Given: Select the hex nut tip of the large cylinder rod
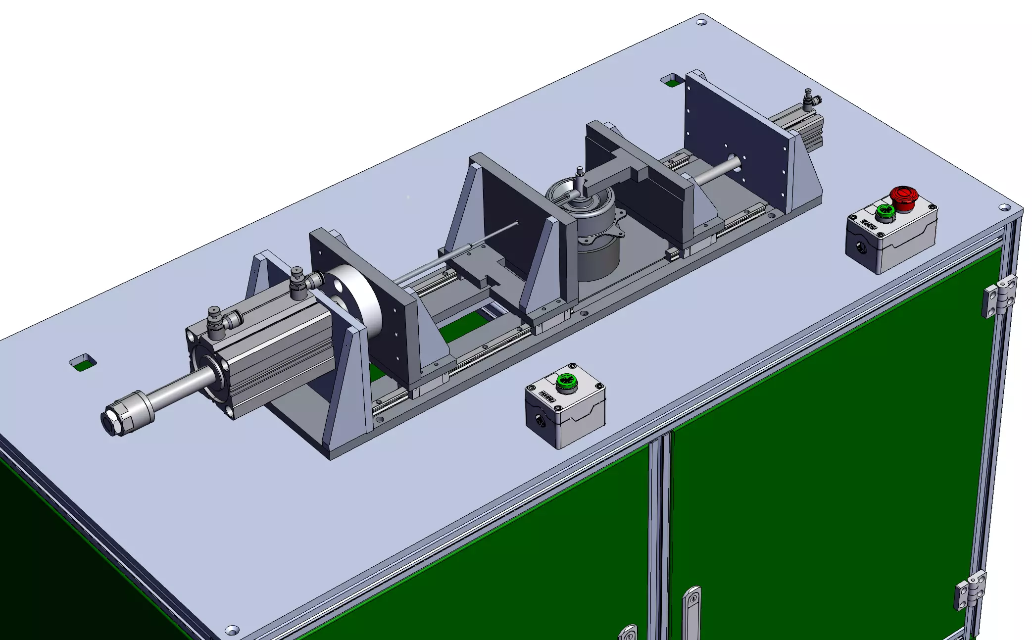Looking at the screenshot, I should (113, 422).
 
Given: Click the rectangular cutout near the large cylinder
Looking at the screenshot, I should (83, 363).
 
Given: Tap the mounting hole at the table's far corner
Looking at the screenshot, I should (701, 22).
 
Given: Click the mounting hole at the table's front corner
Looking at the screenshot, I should (232, 630).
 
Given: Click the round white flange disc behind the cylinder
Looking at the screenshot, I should (356, 302).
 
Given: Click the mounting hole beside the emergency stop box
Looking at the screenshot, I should (1004, 207).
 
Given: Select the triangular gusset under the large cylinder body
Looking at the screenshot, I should (346, 386).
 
